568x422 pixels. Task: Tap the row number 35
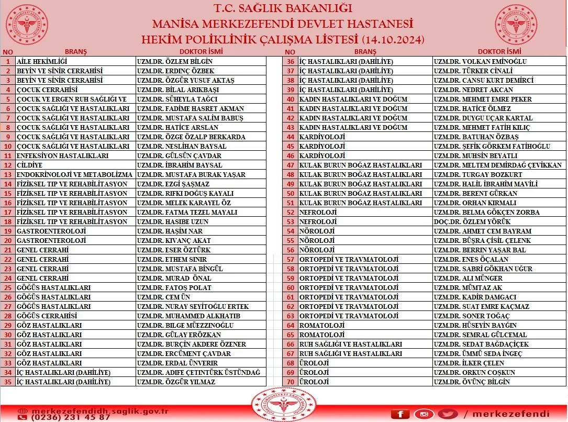8,382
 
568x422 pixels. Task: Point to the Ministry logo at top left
27,25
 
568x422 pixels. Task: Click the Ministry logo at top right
516,25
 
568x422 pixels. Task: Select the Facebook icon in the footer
400,414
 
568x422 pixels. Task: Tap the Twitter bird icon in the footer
448,414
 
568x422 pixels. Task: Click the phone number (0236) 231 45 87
64,417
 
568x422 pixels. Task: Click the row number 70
291,382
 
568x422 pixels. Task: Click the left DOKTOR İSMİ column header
201,52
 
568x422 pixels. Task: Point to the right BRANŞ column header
365,52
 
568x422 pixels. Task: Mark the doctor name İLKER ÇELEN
469,363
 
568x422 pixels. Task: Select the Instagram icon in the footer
424,414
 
